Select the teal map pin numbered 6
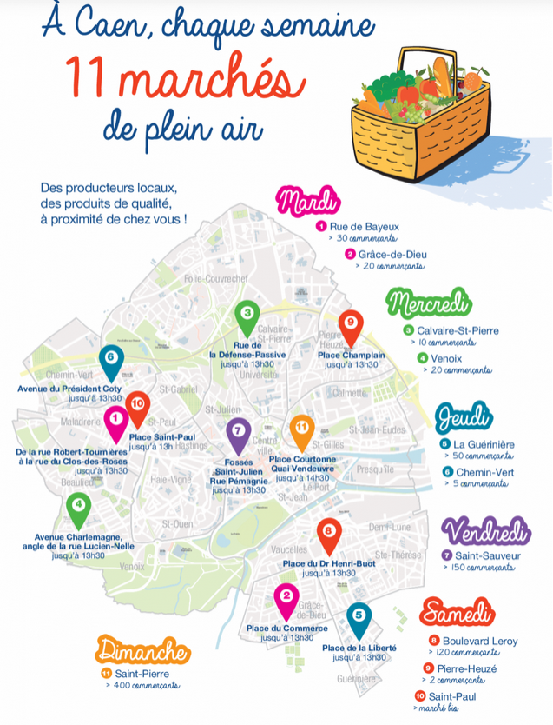click(x=110, y=360)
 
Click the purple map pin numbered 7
click(x=238, y=433)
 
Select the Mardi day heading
click(x=306, y=202)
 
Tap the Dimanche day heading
click(x=143, y=650)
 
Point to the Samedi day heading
click(x=457, y=612)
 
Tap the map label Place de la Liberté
click(x=359, y=649)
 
